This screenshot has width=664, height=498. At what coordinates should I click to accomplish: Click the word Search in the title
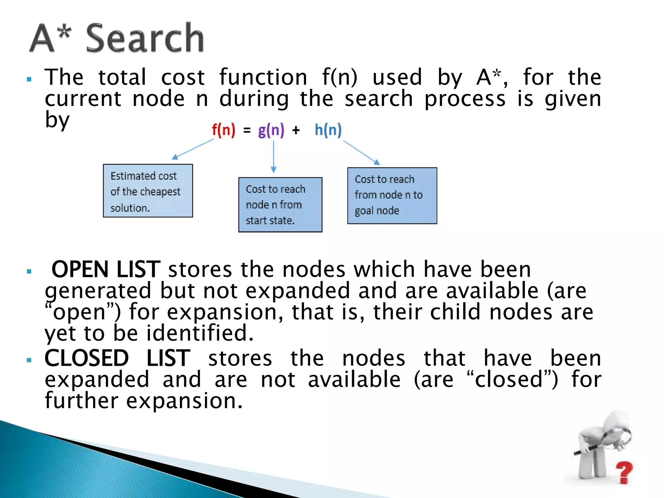click(145, 38)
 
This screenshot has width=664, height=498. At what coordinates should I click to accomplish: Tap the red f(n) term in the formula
click(223, 130)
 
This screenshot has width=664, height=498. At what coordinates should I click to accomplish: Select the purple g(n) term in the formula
click(271, 130)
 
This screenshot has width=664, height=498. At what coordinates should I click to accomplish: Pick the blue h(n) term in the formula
click(328, 130)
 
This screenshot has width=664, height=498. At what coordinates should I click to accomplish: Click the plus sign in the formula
click(296, 130)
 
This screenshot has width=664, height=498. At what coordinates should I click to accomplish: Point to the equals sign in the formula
click(247, 130)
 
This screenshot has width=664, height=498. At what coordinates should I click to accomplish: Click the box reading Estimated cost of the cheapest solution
click(148, 191)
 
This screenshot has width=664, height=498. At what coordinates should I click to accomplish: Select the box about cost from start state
click(280, 205)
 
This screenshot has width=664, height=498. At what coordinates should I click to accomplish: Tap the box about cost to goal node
click(392, 196)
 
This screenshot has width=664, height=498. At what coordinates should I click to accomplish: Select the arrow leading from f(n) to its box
click(193, 149)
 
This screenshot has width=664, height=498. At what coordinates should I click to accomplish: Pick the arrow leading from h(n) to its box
click(361, 152)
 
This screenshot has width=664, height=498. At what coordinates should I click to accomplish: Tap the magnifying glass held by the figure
click(618, 436)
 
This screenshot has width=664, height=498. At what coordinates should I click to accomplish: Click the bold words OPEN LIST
click(106, 269)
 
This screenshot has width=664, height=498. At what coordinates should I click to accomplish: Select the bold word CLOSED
click(87, 358)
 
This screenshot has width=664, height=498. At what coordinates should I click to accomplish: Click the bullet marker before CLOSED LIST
click(29, 360)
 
